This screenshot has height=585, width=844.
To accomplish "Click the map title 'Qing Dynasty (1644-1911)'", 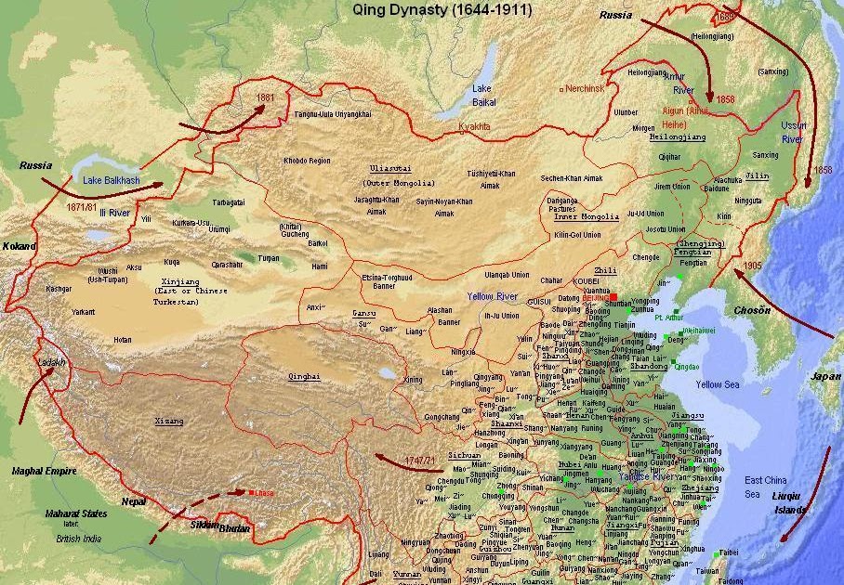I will pos(442,10).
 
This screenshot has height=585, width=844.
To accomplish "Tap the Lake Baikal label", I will pos(484,95).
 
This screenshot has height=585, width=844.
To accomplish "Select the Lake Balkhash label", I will pos(111,179).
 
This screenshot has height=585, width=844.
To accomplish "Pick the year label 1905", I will pos(753,265).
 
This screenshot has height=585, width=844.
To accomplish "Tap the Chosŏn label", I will pos(753,310).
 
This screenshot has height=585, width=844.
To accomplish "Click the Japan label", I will pos(824,376).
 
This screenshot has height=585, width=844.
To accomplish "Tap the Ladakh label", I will pos(49,362).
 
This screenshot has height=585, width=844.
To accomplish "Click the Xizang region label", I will pos(168,421).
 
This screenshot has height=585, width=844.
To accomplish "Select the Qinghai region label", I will pos(304,376).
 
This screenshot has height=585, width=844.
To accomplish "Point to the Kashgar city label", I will pos(58,289).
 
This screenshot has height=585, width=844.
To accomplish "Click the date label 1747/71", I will pos(419,461).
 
